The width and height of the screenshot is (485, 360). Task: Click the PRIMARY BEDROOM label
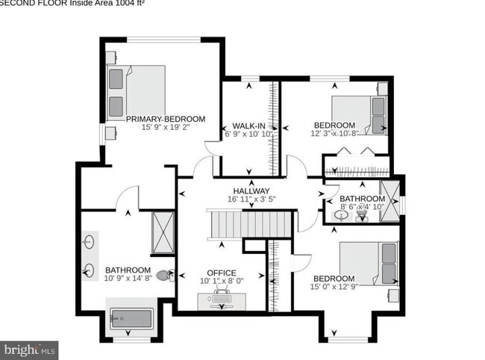[x=165, y=119]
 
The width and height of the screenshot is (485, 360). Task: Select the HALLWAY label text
[x=250, y=190]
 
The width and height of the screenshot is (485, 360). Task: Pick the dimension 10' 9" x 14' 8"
[x=128, y=279]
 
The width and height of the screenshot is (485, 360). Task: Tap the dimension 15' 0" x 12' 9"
[x=334, y=285]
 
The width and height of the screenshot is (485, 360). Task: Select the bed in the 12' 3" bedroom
[x=359, y=116]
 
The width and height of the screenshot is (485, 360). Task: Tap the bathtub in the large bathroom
[x=132, y=320]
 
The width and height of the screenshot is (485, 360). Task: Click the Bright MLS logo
[x=29, y=349]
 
